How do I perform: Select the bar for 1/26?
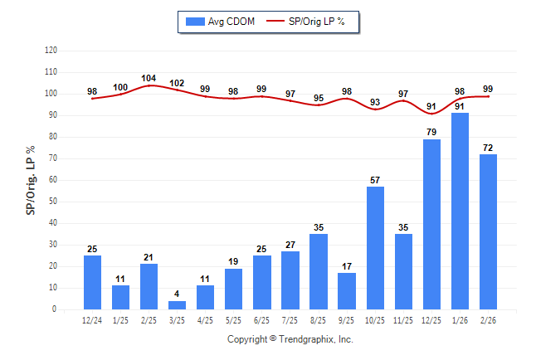460,211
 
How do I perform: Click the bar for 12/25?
431,224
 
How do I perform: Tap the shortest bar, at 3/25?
177,305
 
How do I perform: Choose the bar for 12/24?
92,282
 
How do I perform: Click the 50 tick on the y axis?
53,202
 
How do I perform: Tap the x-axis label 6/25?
262,319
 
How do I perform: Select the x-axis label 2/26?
488,319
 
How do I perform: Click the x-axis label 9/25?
347,319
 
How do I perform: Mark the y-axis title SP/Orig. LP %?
31,179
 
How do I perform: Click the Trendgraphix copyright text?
290,339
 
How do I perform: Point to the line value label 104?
149,79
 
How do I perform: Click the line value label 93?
375,103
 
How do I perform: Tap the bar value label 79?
431,132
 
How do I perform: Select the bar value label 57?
375,179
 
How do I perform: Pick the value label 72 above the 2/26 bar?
488,148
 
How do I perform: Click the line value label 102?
177,83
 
